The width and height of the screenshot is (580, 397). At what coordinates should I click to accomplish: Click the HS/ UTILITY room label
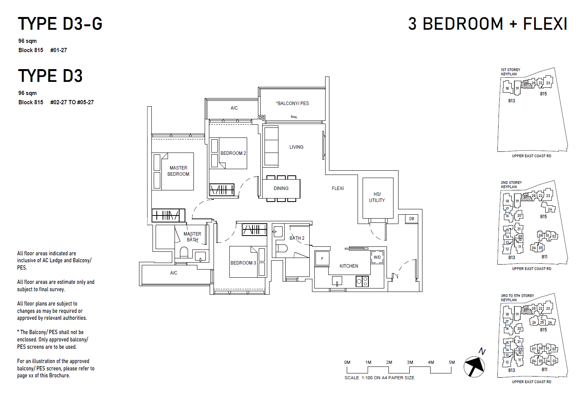[377, 197]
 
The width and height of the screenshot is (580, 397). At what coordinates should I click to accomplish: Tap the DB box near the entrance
[412, 219]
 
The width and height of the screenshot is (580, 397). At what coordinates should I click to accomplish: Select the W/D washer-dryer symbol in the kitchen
[377, 257]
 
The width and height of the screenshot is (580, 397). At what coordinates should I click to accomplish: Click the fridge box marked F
[322, 259]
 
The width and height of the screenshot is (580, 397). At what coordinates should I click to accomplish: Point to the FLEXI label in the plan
[337, 188]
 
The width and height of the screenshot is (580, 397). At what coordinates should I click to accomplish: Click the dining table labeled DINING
[281, 188]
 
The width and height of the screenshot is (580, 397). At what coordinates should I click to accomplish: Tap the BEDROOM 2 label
[233, 153]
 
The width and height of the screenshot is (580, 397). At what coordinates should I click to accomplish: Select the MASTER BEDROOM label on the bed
[178, 171]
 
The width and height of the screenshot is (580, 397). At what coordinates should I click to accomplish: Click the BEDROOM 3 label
[243, 263]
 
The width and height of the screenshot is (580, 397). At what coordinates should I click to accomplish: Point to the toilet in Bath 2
[282, 248]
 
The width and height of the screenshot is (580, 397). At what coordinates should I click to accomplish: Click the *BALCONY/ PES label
[292, 103]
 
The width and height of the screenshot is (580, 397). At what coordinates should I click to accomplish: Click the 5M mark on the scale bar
[451, 363]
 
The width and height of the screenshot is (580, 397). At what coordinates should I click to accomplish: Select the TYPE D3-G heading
[60, 24]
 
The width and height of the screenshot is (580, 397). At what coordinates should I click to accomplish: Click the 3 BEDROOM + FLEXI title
[487, 24]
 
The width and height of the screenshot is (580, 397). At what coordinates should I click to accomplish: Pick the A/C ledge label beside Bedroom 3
[174, 273]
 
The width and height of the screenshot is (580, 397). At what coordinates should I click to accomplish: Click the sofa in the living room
[271, 146]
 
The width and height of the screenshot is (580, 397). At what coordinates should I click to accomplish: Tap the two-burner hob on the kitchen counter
[362, 282]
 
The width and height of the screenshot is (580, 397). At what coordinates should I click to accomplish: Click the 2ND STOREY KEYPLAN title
[511, 185]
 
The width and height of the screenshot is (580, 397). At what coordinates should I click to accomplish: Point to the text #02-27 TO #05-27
[72, 102]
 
